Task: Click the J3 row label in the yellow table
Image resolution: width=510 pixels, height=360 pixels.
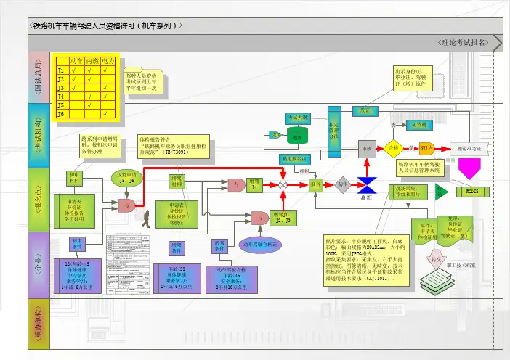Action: pyautogui.click(x=61, y=87)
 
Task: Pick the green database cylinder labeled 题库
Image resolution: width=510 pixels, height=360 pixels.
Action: pyautogui.click(x=296, y=134)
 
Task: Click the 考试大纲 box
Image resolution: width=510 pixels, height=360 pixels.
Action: pyautogui.click(x=297, y=116)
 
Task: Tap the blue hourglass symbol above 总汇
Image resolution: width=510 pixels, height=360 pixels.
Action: pyautogui.click(x=365, y=184)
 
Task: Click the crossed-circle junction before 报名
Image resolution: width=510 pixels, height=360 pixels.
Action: pyautogui.click(x=284, y=185)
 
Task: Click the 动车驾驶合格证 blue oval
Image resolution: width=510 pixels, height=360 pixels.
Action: pyautogui.click(x=261, y=245)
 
